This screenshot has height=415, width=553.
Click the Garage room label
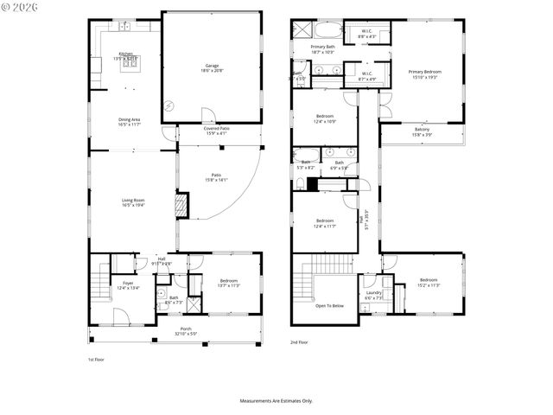212,67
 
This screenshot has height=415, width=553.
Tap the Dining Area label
130,122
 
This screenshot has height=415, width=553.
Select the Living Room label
132,202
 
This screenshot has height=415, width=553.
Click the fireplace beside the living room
181,207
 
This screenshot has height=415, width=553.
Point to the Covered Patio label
218,131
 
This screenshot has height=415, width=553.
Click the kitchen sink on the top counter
126,27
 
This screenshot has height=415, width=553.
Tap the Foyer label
127,285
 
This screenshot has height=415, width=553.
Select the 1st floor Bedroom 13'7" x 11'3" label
229,283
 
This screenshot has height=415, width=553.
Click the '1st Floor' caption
96,359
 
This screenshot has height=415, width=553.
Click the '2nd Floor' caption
298,342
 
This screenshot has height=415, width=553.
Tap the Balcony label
422,132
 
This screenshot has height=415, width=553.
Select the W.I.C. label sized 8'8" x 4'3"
367,35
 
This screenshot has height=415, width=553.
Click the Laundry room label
374,295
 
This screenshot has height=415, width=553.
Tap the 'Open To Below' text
329,305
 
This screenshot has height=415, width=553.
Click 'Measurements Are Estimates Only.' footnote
276,400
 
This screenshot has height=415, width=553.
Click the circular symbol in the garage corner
170,106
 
